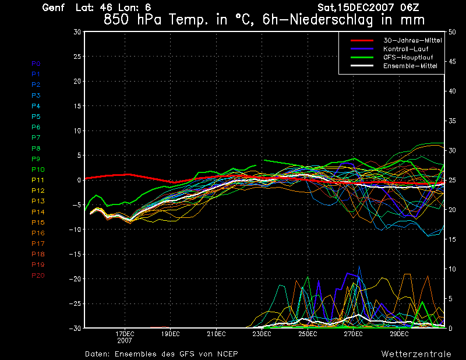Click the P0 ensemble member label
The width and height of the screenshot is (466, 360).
[36, 63]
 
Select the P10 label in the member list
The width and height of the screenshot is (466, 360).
[38, 170]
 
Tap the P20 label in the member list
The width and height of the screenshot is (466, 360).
[38, 276]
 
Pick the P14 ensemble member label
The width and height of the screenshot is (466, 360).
[38, 212]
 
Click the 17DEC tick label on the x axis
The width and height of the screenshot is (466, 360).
[125, 334]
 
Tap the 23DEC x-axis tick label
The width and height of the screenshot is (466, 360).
[262, 334]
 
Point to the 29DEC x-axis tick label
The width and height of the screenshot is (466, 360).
[399, 334]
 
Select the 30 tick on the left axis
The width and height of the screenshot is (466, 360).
[77, 32]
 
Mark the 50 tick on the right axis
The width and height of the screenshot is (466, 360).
[453, 32]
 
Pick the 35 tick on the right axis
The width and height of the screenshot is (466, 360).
[453, 121]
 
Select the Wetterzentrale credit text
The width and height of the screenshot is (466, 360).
[416, 354]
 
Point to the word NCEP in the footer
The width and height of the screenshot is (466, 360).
[226, 354]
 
